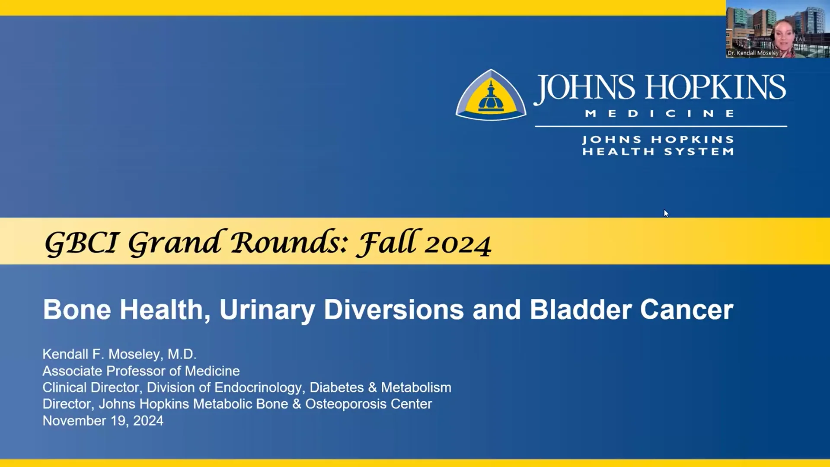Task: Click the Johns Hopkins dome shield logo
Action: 491,95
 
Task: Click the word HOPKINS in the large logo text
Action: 716,88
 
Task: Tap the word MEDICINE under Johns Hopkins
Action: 660,114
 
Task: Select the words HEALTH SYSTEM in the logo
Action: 658,152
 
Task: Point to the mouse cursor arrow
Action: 666,213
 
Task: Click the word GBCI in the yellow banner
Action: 81,243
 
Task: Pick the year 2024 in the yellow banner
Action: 458,245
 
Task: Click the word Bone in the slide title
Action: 77,310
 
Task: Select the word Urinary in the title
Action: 267,310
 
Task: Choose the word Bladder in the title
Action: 581,310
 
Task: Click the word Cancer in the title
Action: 686,310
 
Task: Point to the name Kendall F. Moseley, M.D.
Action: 119,354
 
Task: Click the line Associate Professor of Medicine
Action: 141,371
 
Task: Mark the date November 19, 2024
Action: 103,421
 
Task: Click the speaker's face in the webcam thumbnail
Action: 783,37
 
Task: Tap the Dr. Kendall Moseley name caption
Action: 753,53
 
